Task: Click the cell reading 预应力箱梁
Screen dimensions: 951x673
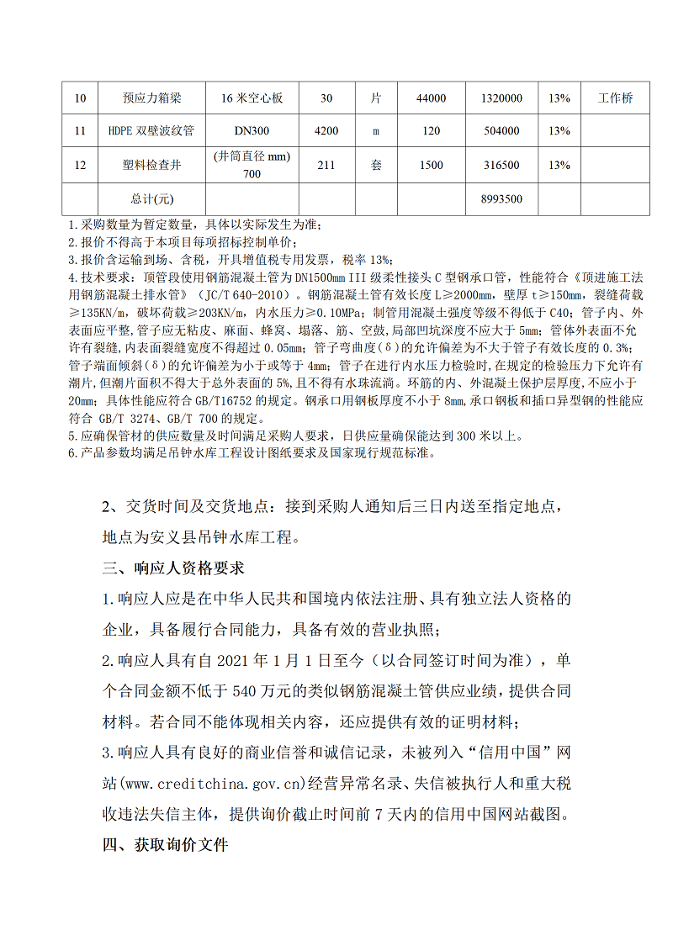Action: (151, 98)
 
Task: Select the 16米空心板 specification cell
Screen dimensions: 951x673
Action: (252, 98)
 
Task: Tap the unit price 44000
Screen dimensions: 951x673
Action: (431, 98)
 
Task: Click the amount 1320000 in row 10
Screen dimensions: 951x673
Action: (501, 98)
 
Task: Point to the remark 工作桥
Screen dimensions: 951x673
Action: (615, 98)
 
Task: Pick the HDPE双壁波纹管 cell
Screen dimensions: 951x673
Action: (151, 131)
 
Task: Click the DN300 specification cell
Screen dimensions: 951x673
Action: (252, 131)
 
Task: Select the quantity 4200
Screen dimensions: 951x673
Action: (326, 131)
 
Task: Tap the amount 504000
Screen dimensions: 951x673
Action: (501, 131)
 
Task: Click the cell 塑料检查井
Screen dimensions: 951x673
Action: (151, 166)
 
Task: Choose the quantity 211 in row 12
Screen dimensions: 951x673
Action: (326, 166)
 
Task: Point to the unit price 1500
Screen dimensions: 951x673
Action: (431, 166)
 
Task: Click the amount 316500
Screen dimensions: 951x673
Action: (501, 166)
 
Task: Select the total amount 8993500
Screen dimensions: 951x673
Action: (501, 199)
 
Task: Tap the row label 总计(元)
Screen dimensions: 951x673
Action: (151, 199)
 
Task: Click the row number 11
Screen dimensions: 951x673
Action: (81, 131)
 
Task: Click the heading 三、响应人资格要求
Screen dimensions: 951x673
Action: (173, 568)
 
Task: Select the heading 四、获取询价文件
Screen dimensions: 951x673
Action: (166, 845)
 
